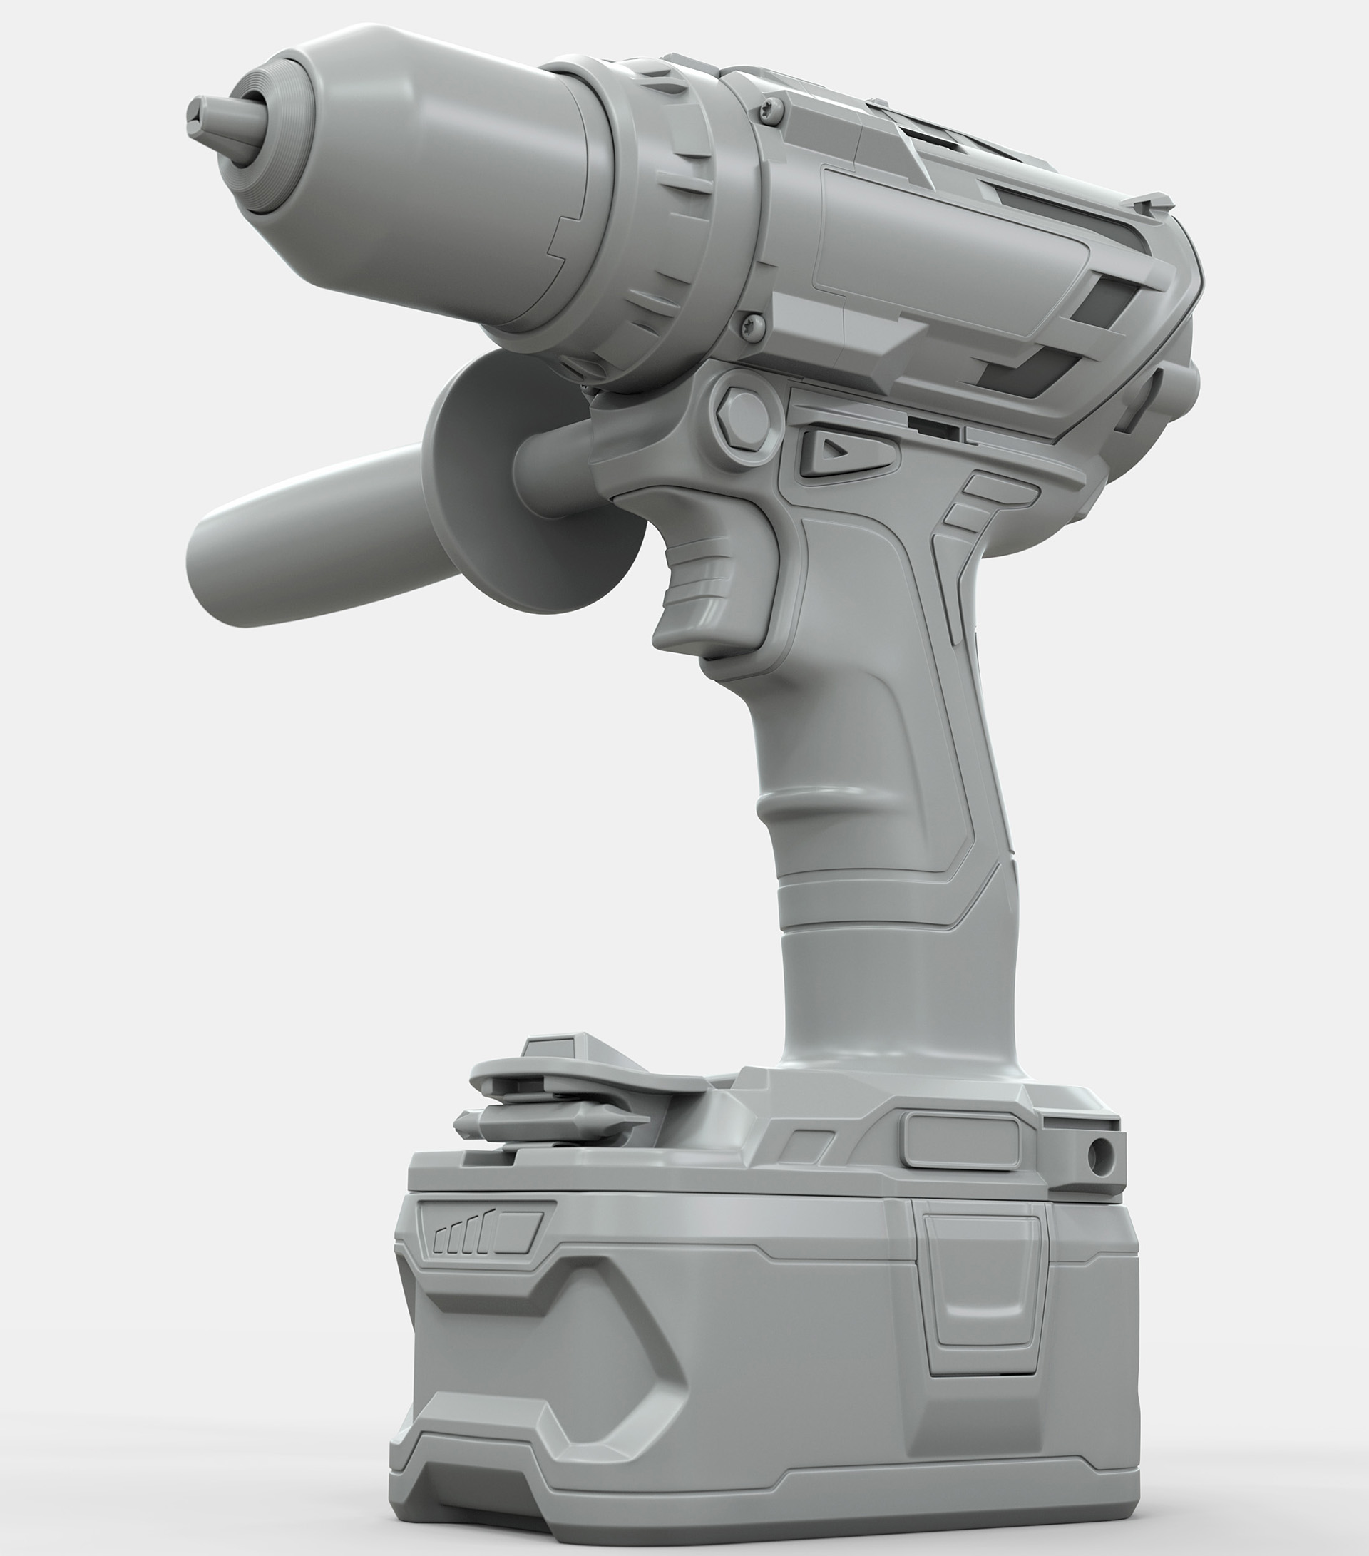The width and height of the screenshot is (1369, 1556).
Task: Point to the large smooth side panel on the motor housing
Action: tap(951, 236)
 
